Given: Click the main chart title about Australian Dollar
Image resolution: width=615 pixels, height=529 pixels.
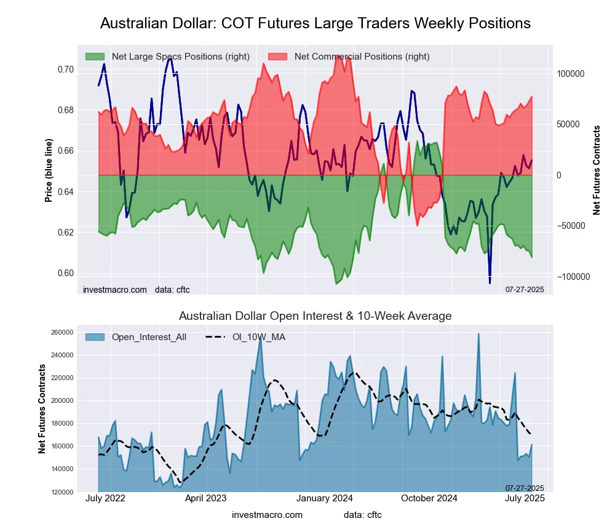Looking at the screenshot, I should [x=315, y=23].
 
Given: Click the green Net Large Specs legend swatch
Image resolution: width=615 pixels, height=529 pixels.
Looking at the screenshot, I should [x=95, y=57].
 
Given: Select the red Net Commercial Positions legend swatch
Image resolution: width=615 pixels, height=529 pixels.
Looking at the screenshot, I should [x=277, y=57].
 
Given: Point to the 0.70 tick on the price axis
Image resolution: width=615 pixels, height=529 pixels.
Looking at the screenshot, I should [x=65, y=70].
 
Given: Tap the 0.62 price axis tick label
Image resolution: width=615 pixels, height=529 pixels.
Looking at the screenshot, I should [x=65, y=233].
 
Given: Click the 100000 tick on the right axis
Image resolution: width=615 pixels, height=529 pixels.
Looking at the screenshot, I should [x=571, y=74].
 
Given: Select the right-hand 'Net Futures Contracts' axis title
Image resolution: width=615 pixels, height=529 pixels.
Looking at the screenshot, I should [x=596, y=170].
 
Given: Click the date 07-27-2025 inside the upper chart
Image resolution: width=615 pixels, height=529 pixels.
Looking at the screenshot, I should [x=525, y=290].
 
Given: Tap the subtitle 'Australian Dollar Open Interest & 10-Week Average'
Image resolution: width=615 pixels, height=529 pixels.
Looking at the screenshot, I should [x=315, y=316].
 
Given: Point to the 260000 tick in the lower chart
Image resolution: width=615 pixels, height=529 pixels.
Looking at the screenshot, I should [x=61, y=333].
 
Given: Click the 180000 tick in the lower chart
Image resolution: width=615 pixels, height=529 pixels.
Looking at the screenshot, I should [x=61, y=424].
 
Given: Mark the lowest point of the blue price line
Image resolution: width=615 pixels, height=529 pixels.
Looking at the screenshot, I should [x=490, y=282].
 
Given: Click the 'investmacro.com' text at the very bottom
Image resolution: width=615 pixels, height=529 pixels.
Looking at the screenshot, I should [x=267, y=514].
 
